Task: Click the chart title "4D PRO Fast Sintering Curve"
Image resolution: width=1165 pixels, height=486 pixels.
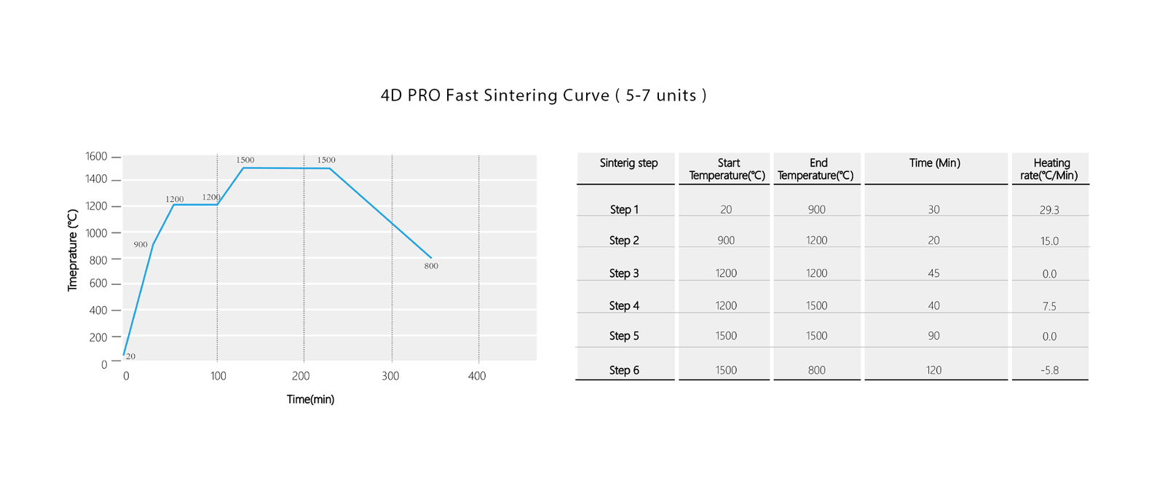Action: tap(542, 95)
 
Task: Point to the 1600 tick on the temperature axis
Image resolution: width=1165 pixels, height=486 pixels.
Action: tap(96, 157)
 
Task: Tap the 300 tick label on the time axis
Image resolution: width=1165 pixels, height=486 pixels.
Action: tap(390, 376)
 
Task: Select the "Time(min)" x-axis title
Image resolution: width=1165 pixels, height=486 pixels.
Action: tap(310, 399)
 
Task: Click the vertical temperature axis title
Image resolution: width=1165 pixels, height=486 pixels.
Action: tap(73, 250)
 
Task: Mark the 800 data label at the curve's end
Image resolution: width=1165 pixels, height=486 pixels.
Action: tap(431, 266)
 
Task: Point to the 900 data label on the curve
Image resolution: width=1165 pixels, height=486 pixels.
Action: tap(141, 245)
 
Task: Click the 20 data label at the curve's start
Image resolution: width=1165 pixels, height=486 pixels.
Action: tap(130, 356)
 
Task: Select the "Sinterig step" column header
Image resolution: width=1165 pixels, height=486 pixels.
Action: tap(628, 163)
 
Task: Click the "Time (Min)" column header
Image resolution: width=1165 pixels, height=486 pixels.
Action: tap(934, 163)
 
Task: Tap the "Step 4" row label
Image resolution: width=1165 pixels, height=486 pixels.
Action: tap(624, 306)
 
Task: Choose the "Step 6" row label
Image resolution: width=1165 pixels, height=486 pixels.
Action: tap(624, 370)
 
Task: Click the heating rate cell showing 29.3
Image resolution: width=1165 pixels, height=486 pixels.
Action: tap(1049, 210)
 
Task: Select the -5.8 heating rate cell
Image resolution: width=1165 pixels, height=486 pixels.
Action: tap(1049, 370)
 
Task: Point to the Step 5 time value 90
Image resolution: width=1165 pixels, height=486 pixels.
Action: tap(933, 336)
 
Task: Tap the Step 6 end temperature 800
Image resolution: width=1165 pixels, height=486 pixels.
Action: tap(816, 370)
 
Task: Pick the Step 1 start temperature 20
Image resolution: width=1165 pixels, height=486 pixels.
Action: tap(726, 210)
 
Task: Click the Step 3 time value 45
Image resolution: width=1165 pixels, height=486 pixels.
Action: tap(933, 273)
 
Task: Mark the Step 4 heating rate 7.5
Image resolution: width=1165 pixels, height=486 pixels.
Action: tap(1049, 306)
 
